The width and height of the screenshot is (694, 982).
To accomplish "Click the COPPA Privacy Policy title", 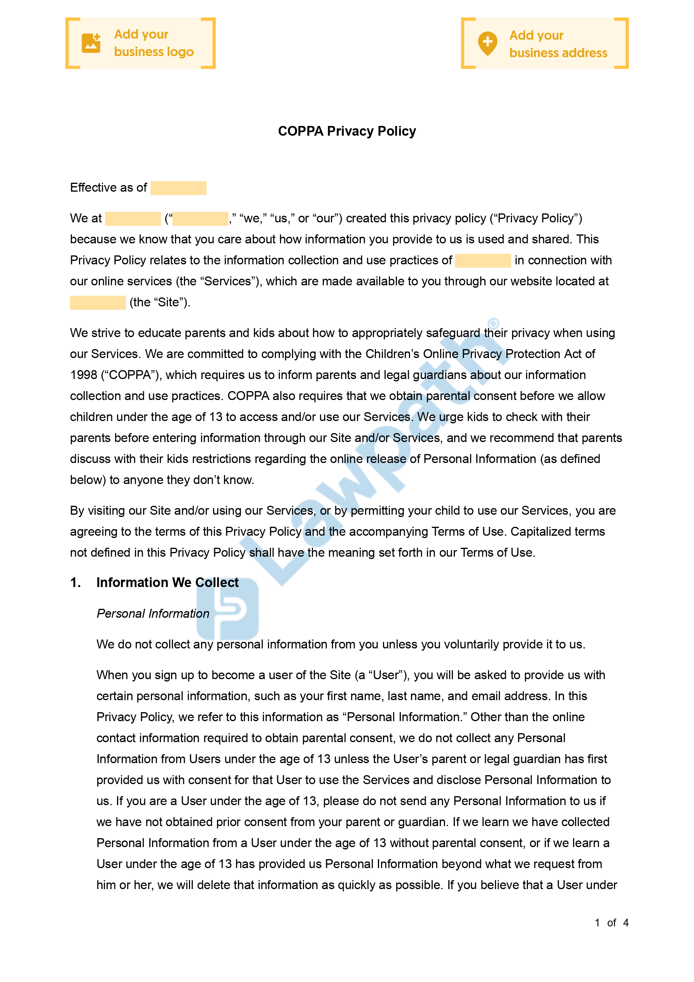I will coord(346,131).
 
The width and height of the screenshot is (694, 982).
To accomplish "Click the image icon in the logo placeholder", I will coord(91,43).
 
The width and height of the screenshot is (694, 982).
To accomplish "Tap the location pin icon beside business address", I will coord(487,43).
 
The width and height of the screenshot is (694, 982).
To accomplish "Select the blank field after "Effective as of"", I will coord(178,188).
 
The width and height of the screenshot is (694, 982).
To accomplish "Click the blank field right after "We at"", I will coord(133,218).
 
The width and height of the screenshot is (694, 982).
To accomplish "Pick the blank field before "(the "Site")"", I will coord(98,302).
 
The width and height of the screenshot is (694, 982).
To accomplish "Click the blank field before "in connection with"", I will coord(482,260).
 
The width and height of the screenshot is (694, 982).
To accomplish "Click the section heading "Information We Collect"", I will coord(167,582).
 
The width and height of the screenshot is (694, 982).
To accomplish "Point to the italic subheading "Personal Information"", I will coord(153,613).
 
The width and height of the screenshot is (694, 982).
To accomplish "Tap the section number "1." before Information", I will coord(75,582).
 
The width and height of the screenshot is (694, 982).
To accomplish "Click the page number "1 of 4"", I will coord(611,923).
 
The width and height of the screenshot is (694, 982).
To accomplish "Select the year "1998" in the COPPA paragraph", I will coord(84,375).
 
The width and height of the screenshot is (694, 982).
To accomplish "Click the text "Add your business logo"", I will coord(154,43).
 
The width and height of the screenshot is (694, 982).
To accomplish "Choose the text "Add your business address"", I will coord(558,44).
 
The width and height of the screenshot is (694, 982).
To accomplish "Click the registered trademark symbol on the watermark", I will coord(493,323).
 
